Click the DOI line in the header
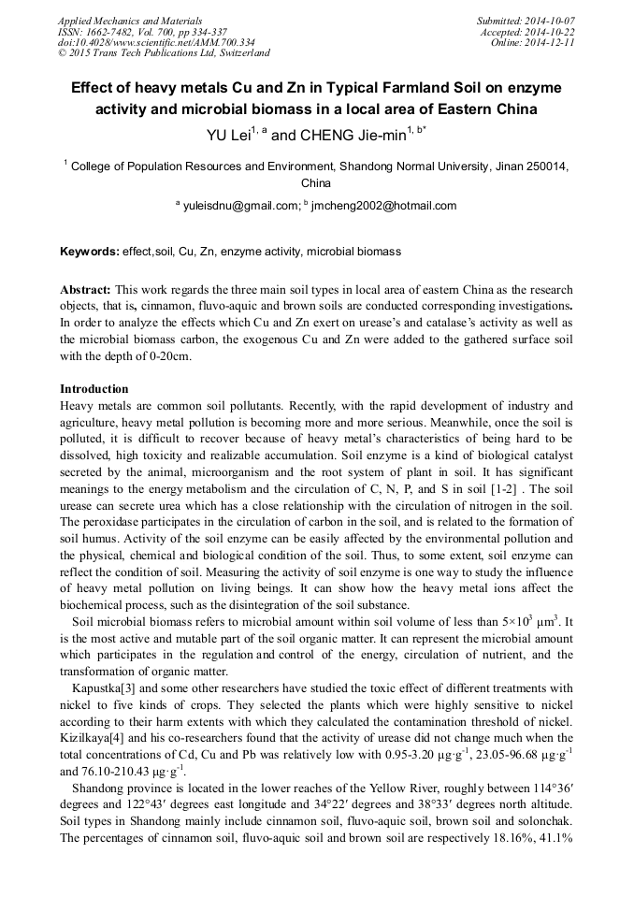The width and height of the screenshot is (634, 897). pyautogui.click(x=156, y=42)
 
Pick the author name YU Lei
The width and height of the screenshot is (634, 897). pyautogui.click(x=230, y=135)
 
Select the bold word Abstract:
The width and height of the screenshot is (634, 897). pyautogui.click(x=86, y=291)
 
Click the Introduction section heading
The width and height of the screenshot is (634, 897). pyautogui.click(x=94, y=388)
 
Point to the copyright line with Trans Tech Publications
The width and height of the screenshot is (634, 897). pyautogui.click(x=165, y=53)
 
